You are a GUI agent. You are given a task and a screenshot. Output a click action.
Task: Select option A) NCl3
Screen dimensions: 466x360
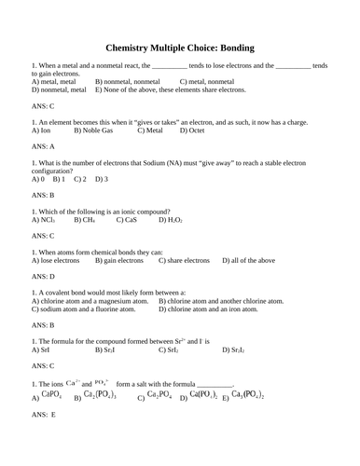[48, 221]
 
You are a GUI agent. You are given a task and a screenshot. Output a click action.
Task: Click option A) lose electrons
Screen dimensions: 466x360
[55, 261]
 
